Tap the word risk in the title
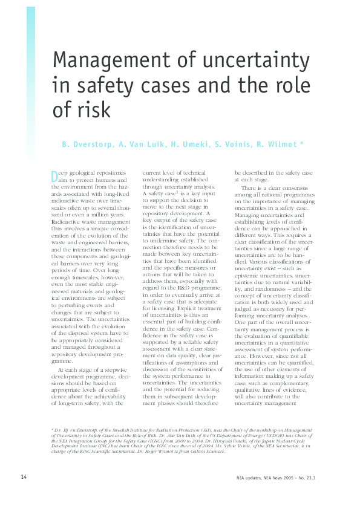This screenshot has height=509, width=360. point(93,110)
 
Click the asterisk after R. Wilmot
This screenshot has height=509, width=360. point(309,144)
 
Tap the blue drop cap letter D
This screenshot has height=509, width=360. point(54,176)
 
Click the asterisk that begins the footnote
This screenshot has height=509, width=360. point(52,429)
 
